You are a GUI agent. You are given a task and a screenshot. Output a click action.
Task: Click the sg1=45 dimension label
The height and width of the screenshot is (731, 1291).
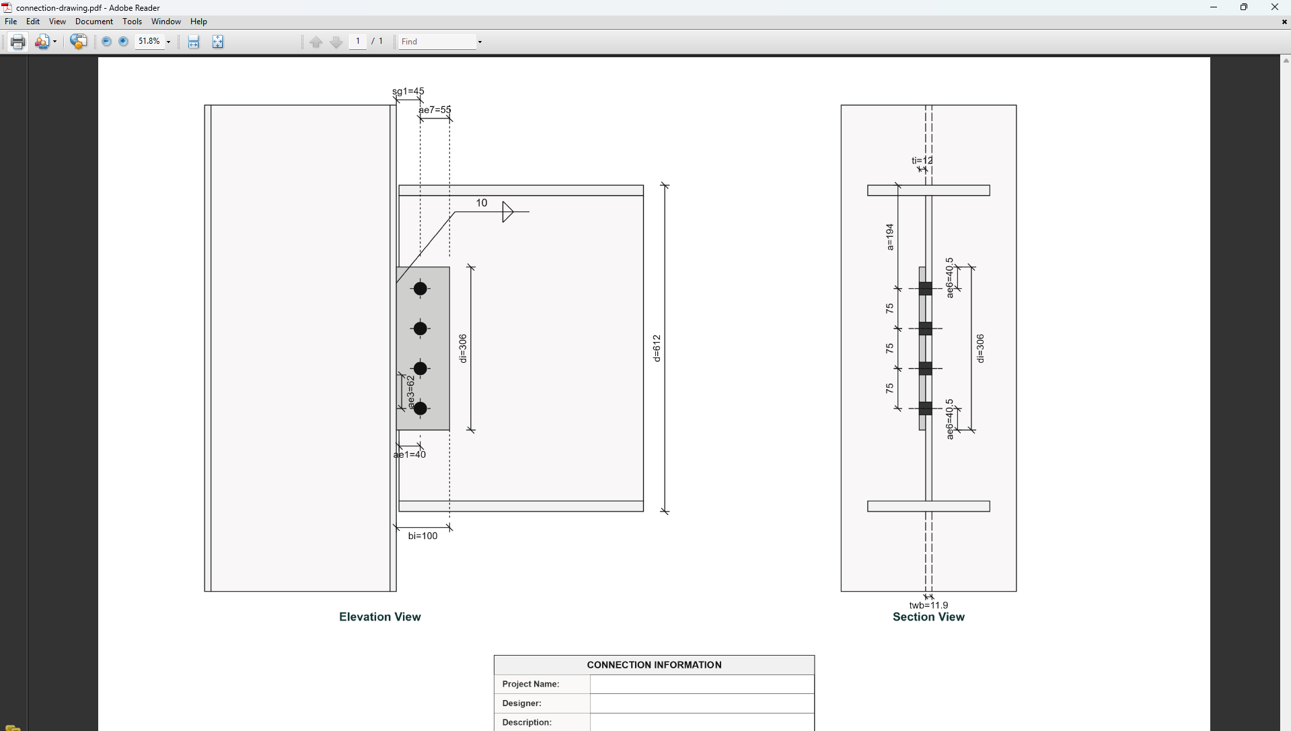point(408,92)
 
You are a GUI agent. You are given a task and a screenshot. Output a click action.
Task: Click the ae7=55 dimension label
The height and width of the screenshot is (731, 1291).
point(435,110)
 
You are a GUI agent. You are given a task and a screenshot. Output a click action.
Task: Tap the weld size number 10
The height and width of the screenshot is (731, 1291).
point(482,203)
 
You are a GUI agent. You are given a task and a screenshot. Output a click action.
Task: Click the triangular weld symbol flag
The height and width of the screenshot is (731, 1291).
point(507,212)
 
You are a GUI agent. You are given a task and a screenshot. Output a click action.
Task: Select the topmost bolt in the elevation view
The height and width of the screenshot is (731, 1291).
point(420,289)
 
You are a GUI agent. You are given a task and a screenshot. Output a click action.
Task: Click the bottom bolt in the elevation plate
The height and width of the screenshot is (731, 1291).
point(420,409)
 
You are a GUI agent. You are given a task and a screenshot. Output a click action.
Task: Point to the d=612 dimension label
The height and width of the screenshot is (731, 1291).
point(657,348)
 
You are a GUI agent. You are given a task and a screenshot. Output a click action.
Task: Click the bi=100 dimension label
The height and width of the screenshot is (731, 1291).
point(422,536)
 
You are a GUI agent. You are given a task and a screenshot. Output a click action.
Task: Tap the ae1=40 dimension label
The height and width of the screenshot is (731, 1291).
point(410,455)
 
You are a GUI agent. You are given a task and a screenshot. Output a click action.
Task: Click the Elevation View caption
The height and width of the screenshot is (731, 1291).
point(380,617)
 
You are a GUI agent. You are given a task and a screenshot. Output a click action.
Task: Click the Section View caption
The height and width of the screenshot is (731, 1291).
point(928,617)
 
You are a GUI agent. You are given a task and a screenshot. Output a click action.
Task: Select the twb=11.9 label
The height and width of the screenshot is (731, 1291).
point(928,605)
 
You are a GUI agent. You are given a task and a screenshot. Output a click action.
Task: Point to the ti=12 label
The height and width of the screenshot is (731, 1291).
point(922,161)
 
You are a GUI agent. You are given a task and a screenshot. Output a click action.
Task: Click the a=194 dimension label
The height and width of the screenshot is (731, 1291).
point(889,237)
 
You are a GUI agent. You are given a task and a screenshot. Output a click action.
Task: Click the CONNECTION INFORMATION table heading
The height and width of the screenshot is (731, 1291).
point(654,665)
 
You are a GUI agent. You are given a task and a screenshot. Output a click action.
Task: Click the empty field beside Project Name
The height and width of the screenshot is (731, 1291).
point(702,685)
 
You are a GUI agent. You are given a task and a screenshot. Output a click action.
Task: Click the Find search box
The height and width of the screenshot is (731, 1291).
point(436,42)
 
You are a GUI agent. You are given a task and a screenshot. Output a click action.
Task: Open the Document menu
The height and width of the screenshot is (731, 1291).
point(94,22)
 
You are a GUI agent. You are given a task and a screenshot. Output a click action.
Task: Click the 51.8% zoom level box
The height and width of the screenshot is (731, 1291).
point(149,42)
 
